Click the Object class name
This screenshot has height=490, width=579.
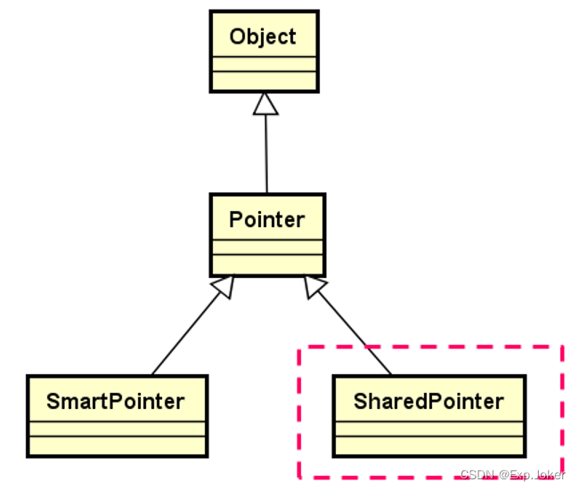coord(263,37)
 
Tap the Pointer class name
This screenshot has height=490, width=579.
coord(266,219)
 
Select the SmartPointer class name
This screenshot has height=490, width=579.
coord(116,401)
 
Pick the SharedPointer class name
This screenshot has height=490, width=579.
coord(428,401)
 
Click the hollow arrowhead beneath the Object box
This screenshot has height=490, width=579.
coord(265,103)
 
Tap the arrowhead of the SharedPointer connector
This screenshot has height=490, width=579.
coord(314,287)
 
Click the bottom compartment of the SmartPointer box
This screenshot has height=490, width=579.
coord(116,445)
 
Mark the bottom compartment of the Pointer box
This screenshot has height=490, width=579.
coord(266,264)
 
